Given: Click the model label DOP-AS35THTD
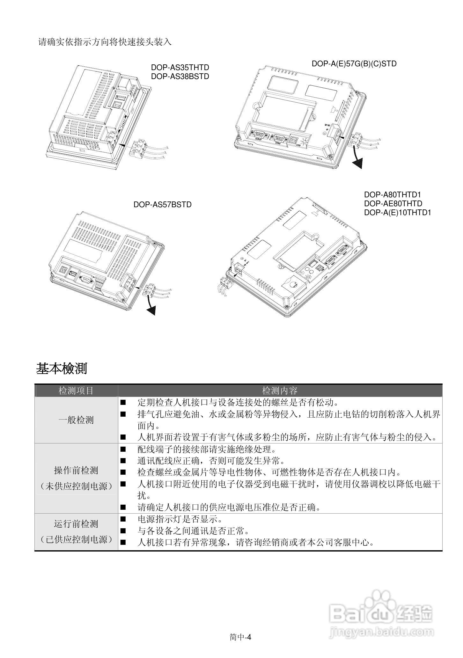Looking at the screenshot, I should coord(180,68).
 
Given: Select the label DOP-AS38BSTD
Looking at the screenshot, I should coord(180,77).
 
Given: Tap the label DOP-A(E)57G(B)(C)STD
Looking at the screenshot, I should coord(354,64).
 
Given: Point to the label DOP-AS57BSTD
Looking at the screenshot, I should coord(163,205).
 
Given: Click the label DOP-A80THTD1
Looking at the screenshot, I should coord(393,194).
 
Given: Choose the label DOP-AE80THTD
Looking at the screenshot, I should coord(393,203).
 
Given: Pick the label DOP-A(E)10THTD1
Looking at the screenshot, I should coord(397,212).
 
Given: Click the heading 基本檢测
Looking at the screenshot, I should coord(62,369).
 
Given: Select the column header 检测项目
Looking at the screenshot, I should coord(76,391).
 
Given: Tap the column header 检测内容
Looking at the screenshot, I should coord(280,391).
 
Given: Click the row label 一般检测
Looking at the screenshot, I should coord(76,420).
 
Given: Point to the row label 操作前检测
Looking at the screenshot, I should coord(76,470).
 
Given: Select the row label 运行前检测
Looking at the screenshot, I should coord(76,524).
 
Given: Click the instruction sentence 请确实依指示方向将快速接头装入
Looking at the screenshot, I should coord(105,42).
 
